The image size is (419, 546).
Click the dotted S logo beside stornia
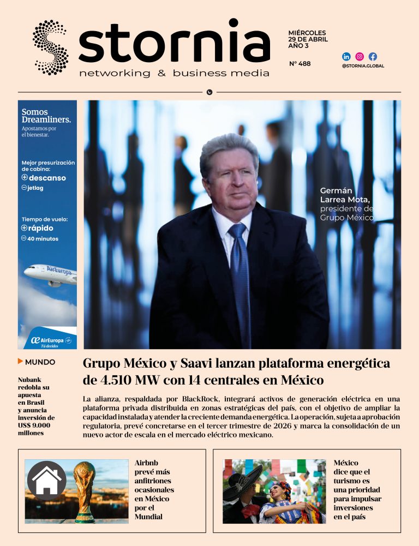(x=50, y=47)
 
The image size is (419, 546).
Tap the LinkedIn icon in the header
(x=346, y=56)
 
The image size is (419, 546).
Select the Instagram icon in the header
(x=360, y=56)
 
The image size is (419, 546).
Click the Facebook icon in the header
(x=373, y=56)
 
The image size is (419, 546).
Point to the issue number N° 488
(x=300, y=64)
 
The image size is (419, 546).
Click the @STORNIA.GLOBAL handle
(x=363, y=66)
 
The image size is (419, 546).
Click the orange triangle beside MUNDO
(x=20, y=361)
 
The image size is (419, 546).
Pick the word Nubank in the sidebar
(x=29, y=380)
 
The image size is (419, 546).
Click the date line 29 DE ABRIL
(x=307, y=40)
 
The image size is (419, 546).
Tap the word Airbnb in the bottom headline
(x=146, y=463)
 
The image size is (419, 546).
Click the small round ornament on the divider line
(x=209, y=92)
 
